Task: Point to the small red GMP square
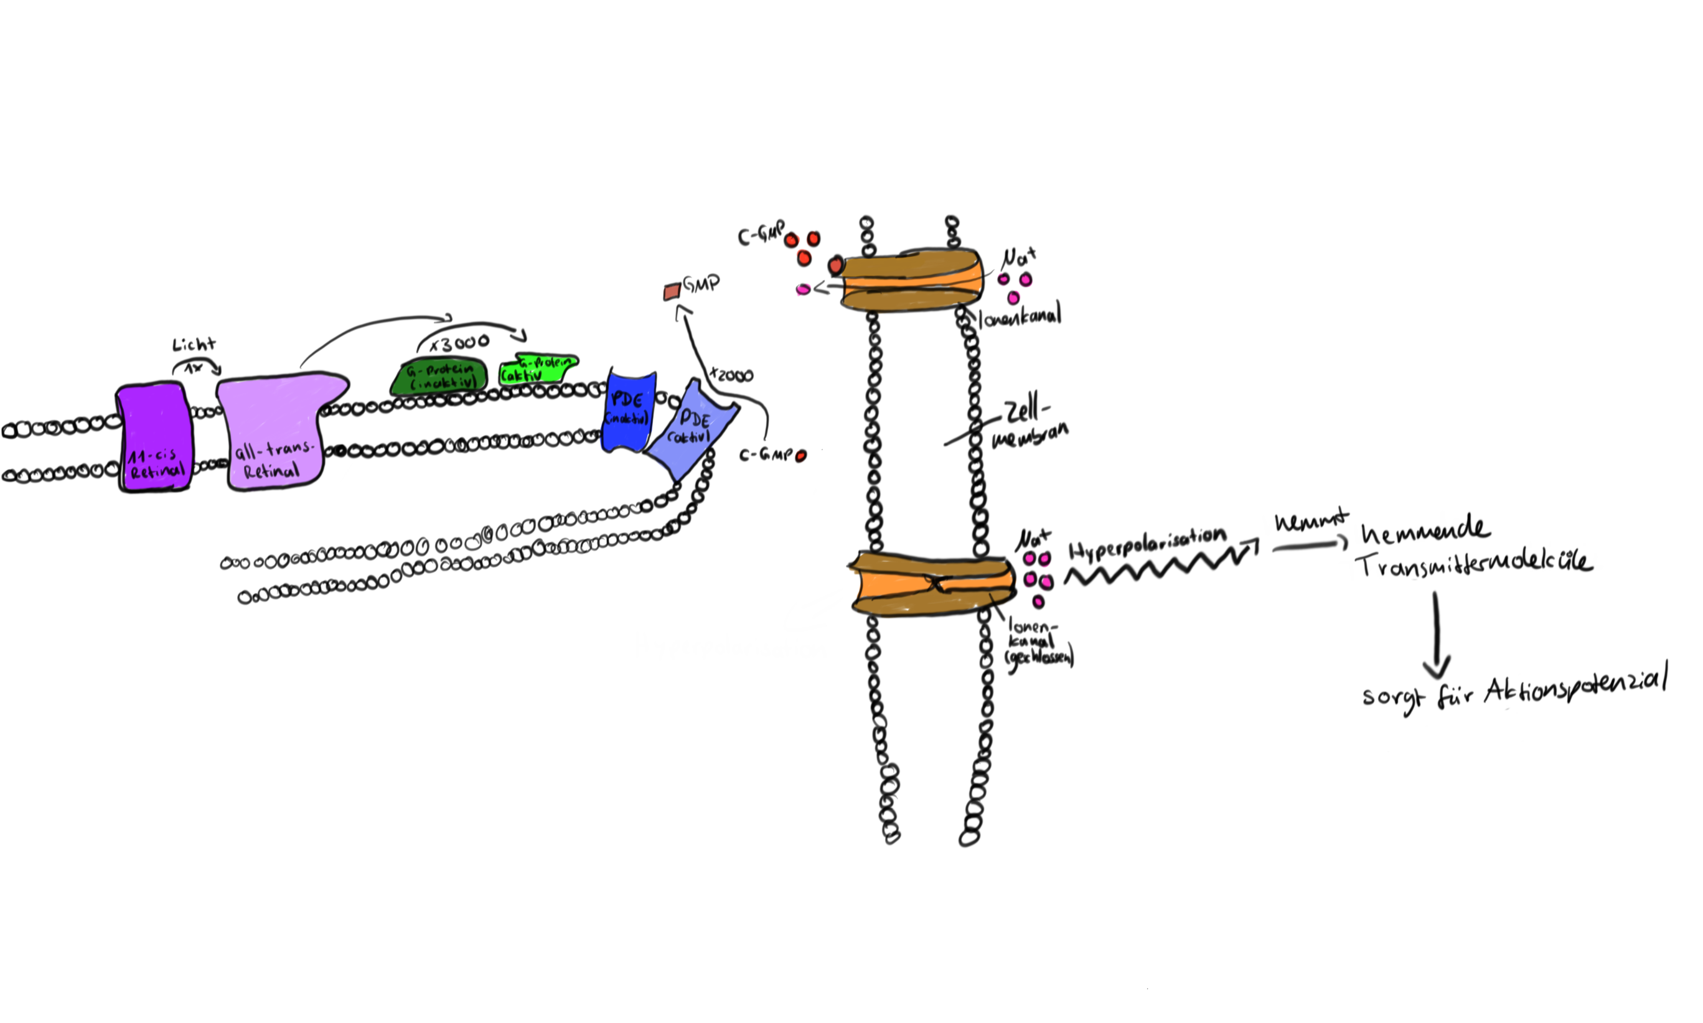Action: [672, 292]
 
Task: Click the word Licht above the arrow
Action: [194, 344]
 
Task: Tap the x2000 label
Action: [731, 376]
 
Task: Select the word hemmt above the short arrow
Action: [1311, 521]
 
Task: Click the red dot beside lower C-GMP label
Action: [800, 455]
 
